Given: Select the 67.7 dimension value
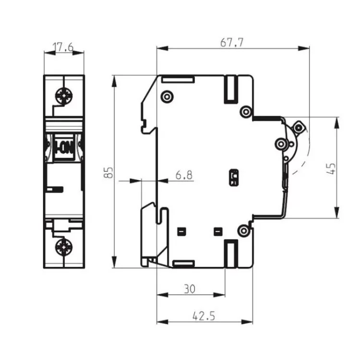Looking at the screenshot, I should click(232, 42).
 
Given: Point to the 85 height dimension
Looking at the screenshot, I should click(109, 172).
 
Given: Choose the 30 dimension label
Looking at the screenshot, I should click(190, 289).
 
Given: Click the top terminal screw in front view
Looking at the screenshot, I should click(64, 96).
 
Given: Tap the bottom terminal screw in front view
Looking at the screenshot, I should click(64, 248).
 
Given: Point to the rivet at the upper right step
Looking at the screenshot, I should click(246, 112).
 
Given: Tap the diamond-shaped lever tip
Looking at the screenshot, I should click(299, 127).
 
